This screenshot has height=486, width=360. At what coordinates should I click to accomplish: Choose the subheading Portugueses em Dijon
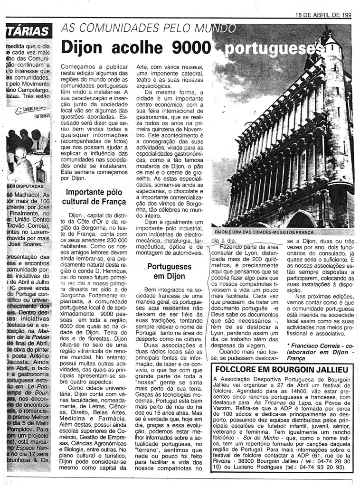point(169,271)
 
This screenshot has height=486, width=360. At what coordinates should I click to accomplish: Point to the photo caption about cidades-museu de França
point(264,233)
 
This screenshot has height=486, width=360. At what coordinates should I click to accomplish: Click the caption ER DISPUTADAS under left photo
point(25,187)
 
